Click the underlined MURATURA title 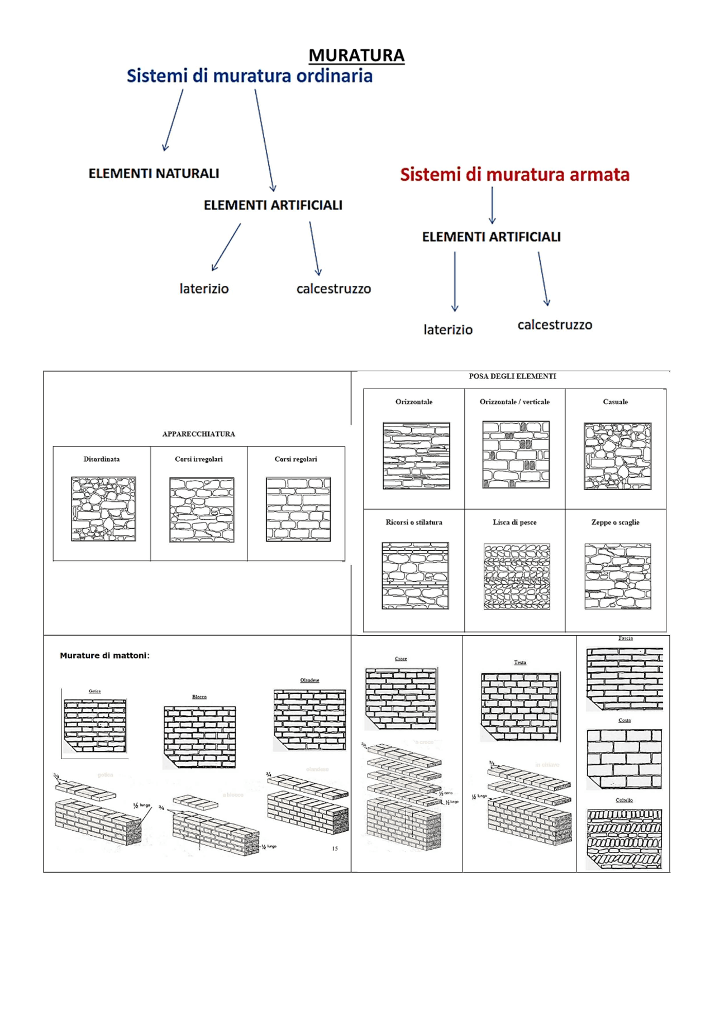point(356,55)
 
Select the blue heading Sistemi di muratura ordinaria point(249,76)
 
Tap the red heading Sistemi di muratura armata point(514,175)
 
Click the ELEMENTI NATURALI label point(154,174)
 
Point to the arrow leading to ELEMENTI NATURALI point(173,120)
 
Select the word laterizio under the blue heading point(204,289)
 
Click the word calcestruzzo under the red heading point(554,325)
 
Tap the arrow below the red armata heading point(492,205)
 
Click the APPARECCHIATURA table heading point(198,434)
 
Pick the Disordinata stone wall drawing point(103,509)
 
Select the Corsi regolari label point(295,459)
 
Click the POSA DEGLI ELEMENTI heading point(512,376)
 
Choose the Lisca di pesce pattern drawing point(516,576)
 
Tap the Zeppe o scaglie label point(615,522)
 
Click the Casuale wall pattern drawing point(617,456)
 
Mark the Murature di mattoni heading point(104,655)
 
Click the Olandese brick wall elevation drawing point(309,719)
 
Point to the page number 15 point(335,849)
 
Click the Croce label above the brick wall point(401,659)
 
